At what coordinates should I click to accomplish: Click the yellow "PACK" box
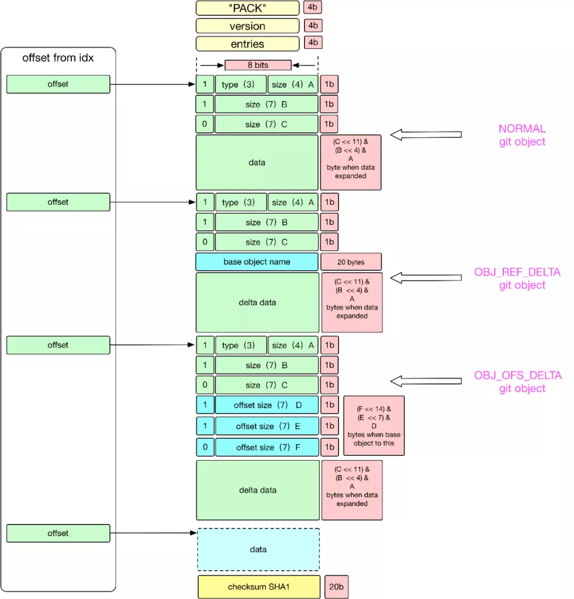[247, 8]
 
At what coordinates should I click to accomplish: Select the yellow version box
[247, 26]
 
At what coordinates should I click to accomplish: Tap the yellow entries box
[247, 44]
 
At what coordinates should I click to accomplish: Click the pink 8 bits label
[258, 65]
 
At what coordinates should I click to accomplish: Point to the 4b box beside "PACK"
[313, 7]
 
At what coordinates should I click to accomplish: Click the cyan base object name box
[257, 262]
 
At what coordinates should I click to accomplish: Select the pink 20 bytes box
[351, 262]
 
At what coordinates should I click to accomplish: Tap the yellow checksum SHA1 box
[259, 586]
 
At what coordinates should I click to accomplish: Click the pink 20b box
[336, 586]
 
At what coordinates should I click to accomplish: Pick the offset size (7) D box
[267, 405]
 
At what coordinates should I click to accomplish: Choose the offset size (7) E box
[267, 426]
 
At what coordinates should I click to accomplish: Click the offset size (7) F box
[267, 447]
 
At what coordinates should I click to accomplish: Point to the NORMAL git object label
[522, 135]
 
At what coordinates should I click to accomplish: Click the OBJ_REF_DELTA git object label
[517, 279]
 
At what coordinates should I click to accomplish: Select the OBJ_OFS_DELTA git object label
[518, 381]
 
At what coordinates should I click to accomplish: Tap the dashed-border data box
[258, 550]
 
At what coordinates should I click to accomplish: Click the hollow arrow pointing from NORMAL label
[426, 135]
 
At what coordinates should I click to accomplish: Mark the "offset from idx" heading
[58, 57]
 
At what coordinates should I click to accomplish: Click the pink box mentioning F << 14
[374, 426]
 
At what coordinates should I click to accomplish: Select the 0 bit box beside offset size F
[205, 447]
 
